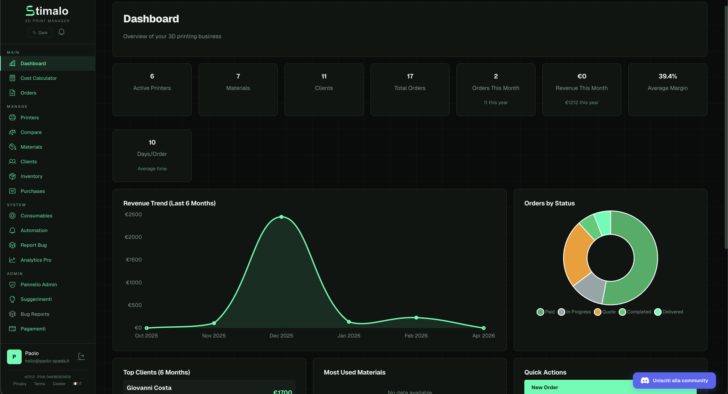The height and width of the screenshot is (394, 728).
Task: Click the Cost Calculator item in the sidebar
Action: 39,78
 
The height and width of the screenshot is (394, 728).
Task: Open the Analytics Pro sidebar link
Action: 36,260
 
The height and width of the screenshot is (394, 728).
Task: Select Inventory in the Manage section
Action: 31,176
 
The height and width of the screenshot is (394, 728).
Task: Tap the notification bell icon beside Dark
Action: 61,32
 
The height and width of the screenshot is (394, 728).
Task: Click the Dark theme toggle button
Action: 40,32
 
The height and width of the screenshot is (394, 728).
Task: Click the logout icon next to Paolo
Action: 81,356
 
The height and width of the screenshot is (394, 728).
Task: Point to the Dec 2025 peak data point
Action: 281,217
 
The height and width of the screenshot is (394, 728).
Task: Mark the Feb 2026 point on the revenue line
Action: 416,318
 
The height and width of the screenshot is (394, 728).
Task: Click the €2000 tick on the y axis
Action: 133,237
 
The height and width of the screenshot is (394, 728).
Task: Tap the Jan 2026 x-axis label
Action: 349,336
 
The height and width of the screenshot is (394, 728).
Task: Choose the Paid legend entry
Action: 546,312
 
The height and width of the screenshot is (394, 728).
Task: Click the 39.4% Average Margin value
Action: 668,76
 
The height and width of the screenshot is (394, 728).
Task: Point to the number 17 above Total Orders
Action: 410,76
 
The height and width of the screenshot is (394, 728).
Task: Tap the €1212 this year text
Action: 582,102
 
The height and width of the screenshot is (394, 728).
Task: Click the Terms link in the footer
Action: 39,384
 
